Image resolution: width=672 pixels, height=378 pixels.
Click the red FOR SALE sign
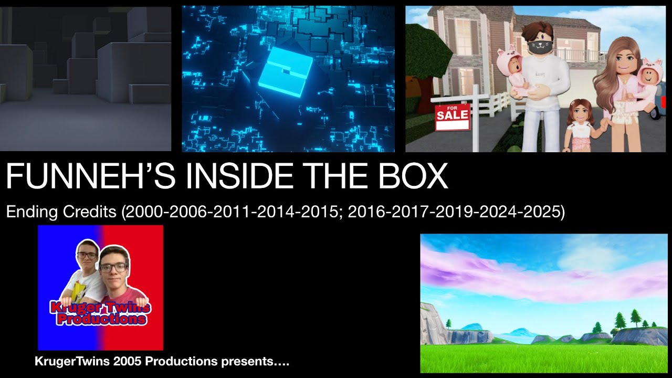tap(452, 117)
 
